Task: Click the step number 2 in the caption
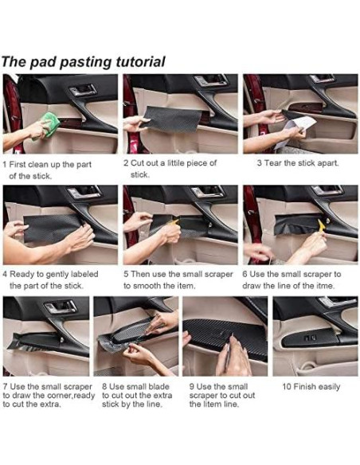(126, 162)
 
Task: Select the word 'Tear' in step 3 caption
(273, 162)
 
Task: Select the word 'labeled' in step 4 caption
(84, 274)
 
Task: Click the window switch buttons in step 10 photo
(310, 338)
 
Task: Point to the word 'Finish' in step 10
(305, 387)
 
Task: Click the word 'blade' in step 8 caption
(158, 387)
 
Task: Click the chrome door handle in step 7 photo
(61, 307)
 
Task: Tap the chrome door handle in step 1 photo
(84, 89)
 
